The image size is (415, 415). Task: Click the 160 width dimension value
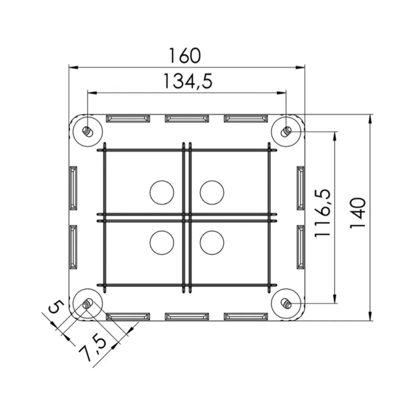[185, 56]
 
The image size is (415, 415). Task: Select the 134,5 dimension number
[188, 81]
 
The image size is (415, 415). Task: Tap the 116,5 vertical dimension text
[322, 213]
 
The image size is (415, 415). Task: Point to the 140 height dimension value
[358, 213]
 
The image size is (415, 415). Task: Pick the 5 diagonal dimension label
[56, 307]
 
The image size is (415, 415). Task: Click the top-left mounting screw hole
[88, 131]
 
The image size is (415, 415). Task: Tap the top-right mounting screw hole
[286, 131]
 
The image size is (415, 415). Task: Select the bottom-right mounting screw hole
[286, 303]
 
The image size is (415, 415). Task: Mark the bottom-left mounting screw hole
[88, 304]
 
